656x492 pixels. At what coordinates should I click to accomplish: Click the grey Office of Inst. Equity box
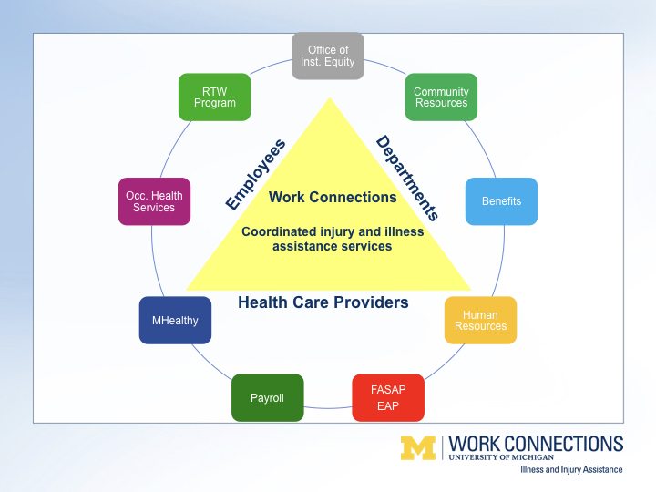(x=328, y=56)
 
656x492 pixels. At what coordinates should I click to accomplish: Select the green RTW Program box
(x=215, y=97)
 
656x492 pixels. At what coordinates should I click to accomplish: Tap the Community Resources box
(x=441, y=97)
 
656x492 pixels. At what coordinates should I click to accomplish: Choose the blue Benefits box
(x=501, y=201)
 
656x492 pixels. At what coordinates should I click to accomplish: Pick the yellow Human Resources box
(x=480, y=320)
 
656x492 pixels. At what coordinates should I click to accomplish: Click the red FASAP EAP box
(x=388, y=397)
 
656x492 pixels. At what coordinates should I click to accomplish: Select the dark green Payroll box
(x=267, y=397)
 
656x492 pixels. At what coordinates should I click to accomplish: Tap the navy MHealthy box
(x=175, y=320)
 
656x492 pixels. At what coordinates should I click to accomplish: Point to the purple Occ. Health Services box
(x=154, y=201)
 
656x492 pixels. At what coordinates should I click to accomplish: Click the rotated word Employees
(x=255, y=174)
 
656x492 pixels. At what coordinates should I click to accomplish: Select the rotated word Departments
(x=407, y=178)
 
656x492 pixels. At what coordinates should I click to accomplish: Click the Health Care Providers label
(x=323, y=302)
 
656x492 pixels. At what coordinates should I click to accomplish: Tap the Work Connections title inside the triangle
(x=333, y=197)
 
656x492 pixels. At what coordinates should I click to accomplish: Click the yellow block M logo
(x=418, y=448)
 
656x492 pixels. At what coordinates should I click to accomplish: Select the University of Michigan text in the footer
(x=501, y=457)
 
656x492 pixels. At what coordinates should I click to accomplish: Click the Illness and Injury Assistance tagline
(x=571, y=470)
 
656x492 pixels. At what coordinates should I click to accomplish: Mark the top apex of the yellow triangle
(x=330, y=97)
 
